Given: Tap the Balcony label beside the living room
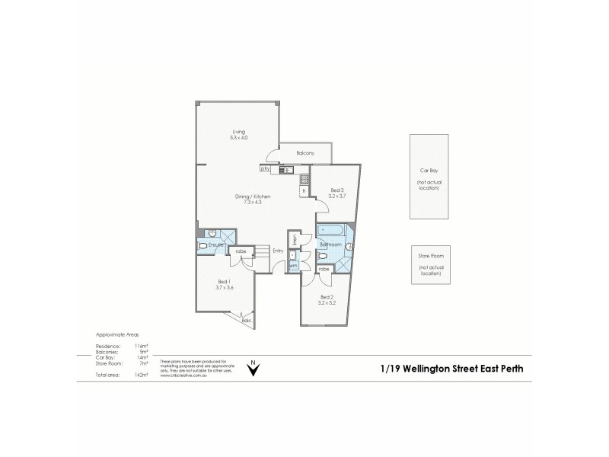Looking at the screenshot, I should point(307,153).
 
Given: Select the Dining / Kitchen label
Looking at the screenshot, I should point(252,197).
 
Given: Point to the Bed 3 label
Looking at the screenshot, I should point(337,190).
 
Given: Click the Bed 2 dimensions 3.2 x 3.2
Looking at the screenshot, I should point(327,302).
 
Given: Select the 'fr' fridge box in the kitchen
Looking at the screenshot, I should point(304,190).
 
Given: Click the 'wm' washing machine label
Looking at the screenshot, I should point(293,266).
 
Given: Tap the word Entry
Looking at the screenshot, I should point(278,251).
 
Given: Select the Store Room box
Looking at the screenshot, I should point(429,264).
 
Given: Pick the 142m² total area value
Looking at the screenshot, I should point(139,376).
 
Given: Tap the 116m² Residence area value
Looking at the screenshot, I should point(139,345).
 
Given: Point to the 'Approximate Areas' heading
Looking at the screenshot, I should point(116,335).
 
